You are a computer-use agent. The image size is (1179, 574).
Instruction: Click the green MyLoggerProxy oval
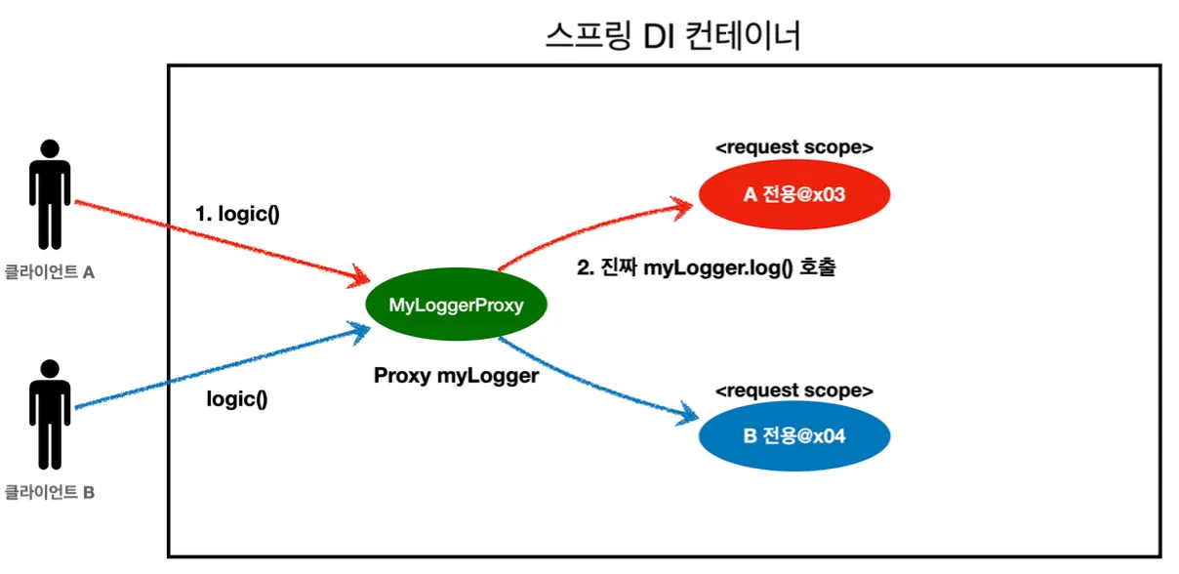click(x=456, y=306)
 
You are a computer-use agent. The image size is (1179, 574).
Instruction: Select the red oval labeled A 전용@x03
click(x=793, y=195)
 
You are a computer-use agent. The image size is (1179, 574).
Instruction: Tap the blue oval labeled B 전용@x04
click(x=793, y=435)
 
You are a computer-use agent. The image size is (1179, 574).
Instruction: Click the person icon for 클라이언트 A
click(x=49, y=194)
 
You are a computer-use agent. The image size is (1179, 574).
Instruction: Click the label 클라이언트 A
click(x=49, y=274)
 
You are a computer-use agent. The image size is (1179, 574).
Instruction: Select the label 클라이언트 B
click(x=49, y=493)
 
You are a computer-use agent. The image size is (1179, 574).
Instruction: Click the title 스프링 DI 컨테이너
click(x=672, y=36)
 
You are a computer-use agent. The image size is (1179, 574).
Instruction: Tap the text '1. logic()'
click(x=238, y=214)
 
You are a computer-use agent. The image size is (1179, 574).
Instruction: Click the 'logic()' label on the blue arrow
click(x=237, y=399)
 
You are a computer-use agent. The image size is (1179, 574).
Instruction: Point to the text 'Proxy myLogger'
click(x=456, y=375)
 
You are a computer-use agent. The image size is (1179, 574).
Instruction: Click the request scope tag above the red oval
click(x=793, y=148)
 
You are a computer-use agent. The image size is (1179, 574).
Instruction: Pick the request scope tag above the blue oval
click(x=793, y=390)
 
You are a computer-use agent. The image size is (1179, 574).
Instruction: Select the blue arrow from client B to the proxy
click(x=215, y=370)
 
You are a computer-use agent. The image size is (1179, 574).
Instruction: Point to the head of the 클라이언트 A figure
click(x=49, y=149)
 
